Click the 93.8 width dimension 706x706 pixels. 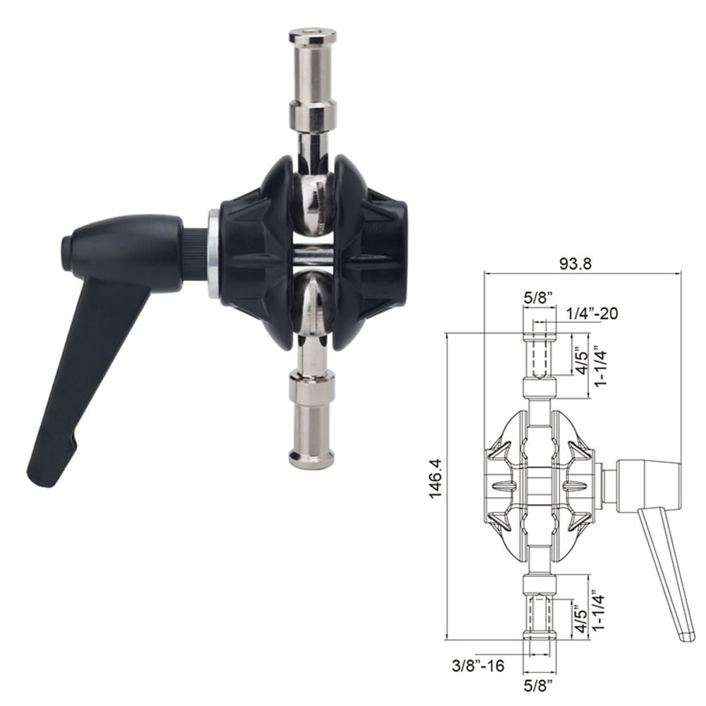(575, 263)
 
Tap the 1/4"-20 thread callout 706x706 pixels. (592, 313)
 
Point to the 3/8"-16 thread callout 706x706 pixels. (479, 664)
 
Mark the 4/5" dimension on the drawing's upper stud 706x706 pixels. (579, 360)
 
